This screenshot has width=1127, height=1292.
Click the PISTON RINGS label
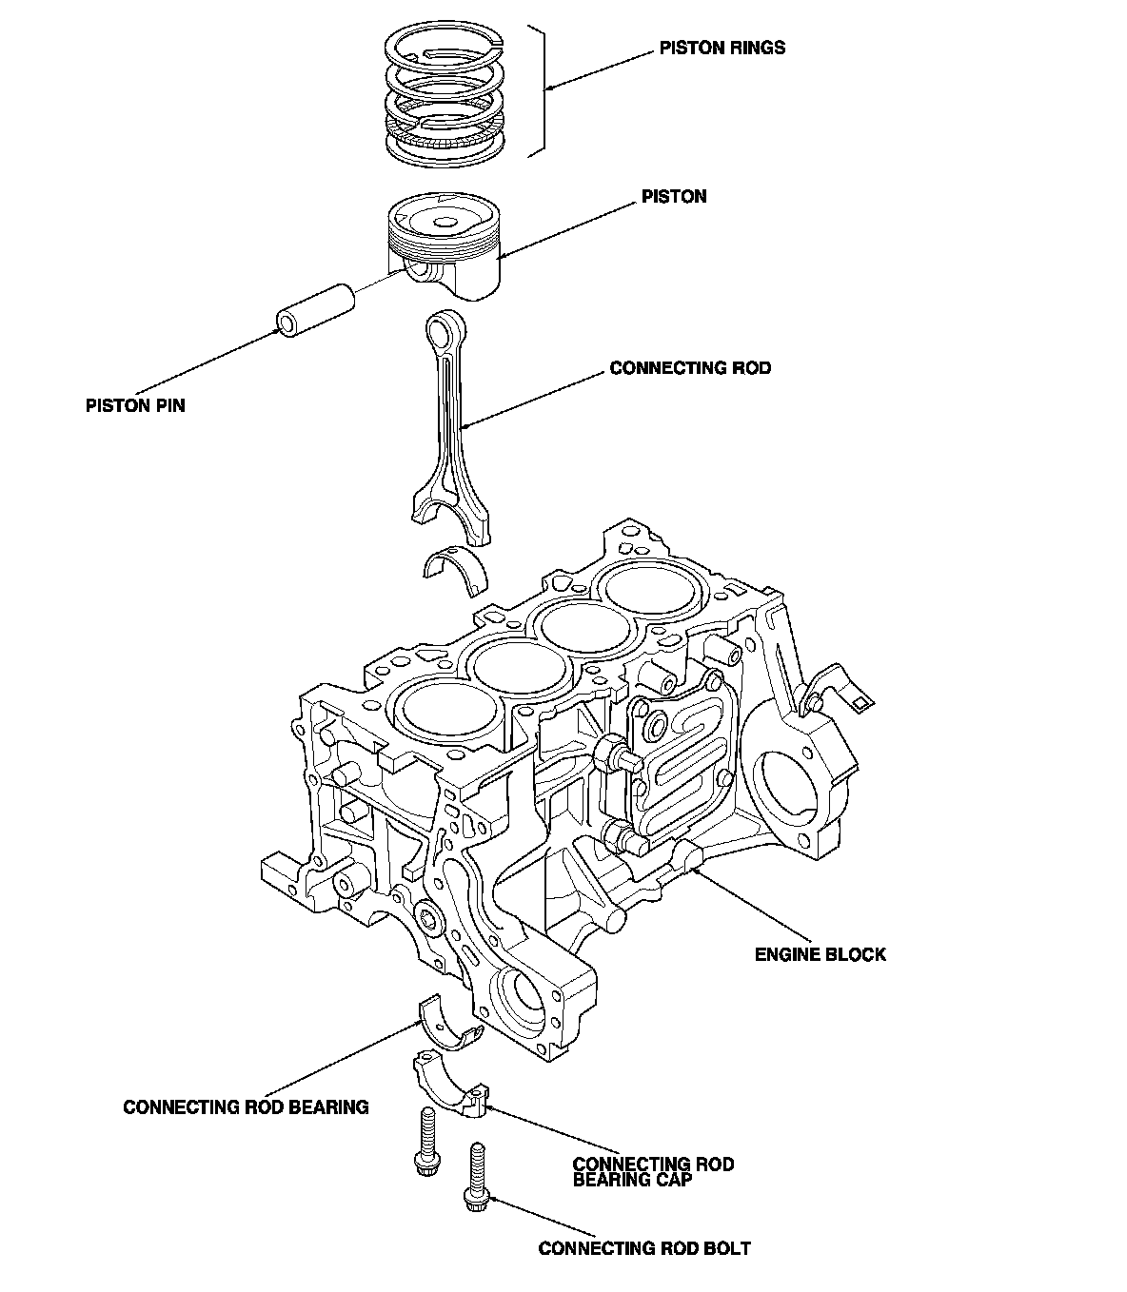click(722, 48)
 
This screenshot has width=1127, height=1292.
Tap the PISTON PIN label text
click(135, 406)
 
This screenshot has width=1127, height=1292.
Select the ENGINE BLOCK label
click(820, 954)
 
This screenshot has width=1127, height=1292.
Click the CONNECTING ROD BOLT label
click(644, 1248)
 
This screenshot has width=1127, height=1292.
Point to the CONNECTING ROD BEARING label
click(246, 1107)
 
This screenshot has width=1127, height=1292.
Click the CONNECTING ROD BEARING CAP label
click(653, 1172)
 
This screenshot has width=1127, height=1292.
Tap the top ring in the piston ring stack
click(445, 41)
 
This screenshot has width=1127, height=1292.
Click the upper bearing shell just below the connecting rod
click(454, 567)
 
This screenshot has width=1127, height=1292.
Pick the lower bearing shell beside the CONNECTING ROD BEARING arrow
click(449, 1024)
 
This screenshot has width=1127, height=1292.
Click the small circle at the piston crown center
click(445, 223)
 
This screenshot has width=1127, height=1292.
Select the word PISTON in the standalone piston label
click(674, 197)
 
